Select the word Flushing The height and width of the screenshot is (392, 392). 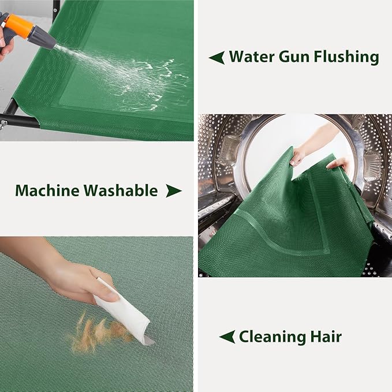[346, 58]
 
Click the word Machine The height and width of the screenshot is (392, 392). [47, 191]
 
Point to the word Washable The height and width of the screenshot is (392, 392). [121, 191]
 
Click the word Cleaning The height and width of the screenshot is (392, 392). [272, 337]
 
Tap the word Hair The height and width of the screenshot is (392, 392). [326, 336]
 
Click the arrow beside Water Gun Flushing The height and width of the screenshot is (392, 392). [216, 58]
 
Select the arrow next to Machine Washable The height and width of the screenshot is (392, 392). [174, 191]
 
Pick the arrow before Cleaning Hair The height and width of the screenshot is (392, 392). [227, 337]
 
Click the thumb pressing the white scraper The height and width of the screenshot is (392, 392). [108, 296]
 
